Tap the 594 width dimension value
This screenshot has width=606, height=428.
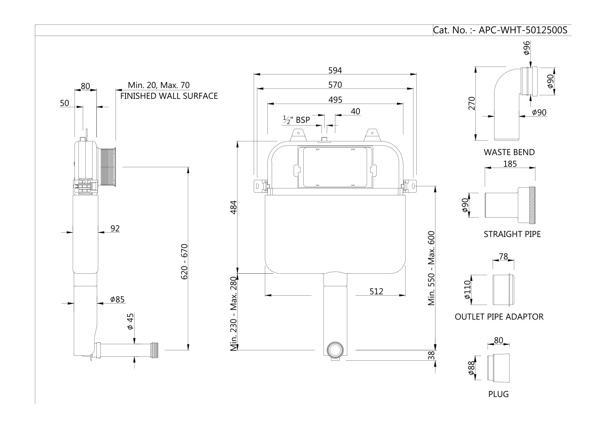335,70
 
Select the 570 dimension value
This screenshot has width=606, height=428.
335,85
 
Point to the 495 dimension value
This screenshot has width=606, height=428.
335,100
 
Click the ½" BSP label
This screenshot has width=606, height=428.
296,120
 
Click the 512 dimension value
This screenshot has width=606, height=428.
376,291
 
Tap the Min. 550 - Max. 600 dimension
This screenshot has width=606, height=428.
432,268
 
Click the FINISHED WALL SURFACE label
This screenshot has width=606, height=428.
169,96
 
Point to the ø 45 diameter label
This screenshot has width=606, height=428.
131,321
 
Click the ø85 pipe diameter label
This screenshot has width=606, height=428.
117,299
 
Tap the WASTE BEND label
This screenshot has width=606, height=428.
509,152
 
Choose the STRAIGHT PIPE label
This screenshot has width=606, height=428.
512,235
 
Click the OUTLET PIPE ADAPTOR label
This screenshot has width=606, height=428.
499,317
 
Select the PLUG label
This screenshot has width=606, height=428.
498,394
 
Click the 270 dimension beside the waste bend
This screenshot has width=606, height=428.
472,103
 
